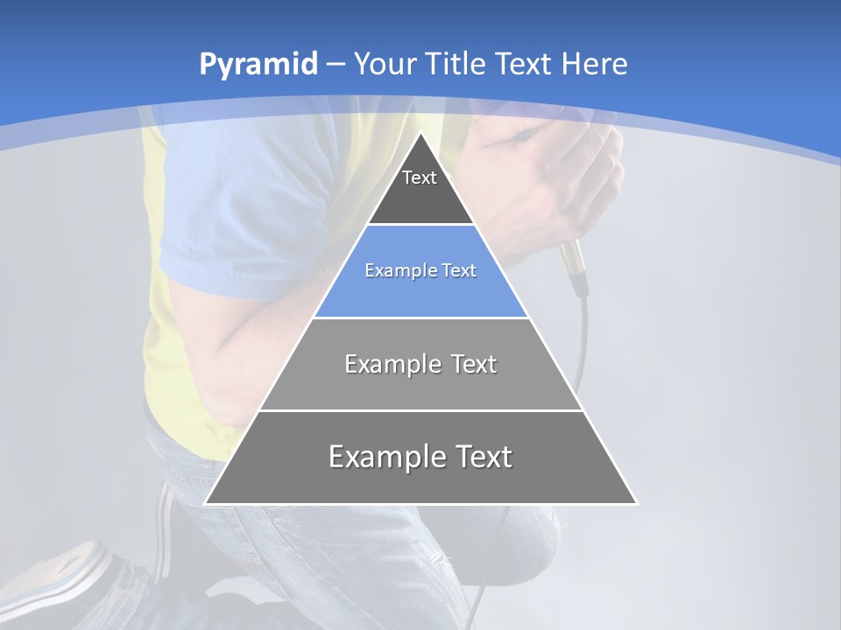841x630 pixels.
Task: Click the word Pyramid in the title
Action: pos(258,65)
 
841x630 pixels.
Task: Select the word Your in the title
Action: pos(385,65)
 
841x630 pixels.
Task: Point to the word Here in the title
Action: pos(594,65)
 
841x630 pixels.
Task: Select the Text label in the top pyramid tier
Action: pos(420,178)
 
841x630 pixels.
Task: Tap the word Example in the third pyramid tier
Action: pos(385,364)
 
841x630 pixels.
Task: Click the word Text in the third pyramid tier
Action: pos(475,364)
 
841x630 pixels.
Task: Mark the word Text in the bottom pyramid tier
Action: pos(481,457)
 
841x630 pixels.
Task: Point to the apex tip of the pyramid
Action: pos(421,134)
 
